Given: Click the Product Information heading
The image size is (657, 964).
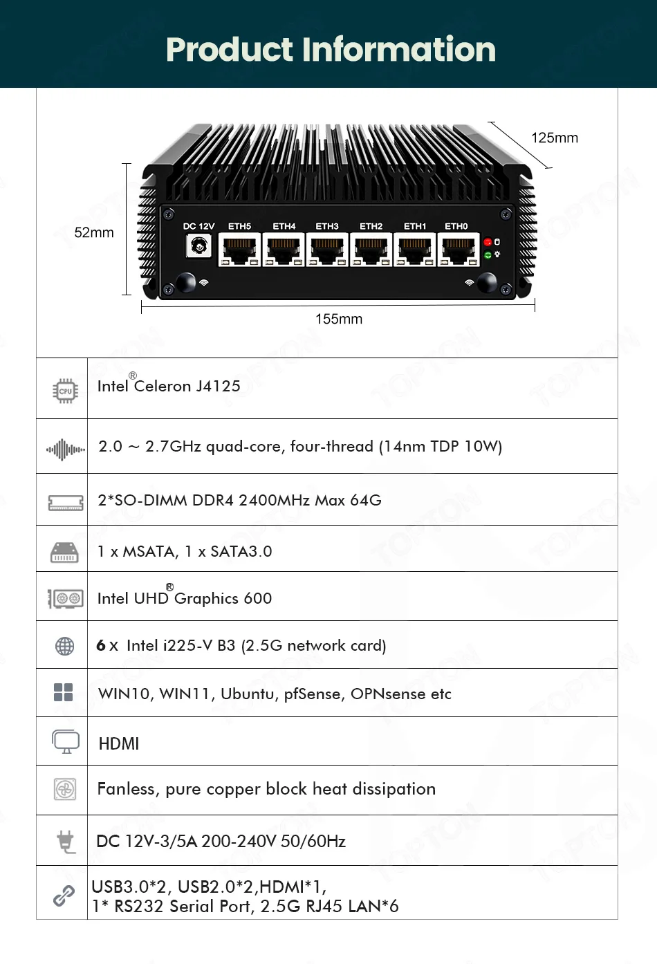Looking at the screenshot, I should pyautogui.click(x=331, y=49).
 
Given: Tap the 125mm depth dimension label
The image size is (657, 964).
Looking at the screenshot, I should pyautogui.click(x=554, y=138).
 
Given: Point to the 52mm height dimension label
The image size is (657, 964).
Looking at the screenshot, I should pyautogui.click(x=94, y=232).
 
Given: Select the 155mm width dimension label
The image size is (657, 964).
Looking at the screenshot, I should pyautogui.click(x=339, y=319).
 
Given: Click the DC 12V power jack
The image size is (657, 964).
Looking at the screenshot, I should pyautogui.click(x=199, y=245).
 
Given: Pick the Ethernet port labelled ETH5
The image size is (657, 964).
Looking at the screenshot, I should pyautogui.click(x=240, y=250).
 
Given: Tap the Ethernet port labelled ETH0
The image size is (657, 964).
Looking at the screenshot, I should pyautogui.click(x=459, y=250).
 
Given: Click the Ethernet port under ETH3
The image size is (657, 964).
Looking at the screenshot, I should pyautogui.click(x=327, y=250).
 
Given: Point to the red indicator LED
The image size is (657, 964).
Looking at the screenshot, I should pyautogui.click(x=488, y=242).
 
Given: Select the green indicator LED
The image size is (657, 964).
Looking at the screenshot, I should pyautogui.click(x=488, y=255).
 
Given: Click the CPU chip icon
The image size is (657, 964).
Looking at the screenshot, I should pyautogui.click(x=65, y=391).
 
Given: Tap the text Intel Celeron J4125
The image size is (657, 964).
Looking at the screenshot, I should pyautogui.click(x=169, y=386).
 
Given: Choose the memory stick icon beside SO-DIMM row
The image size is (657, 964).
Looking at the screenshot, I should pyautogui.click(x=66, y=502).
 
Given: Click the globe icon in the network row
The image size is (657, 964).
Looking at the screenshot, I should pyautogui.click(x=64, y=646).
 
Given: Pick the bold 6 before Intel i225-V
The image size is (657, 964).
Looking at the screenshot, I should pyautogui.click(x=101, y=645).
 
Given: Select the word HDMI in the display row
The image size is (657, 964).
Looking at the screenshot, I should pyautogui.click(x=119, y=743).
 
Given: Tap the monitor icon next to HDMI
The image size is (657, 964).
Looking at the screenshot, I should pyautogui.click(x=66, y=741).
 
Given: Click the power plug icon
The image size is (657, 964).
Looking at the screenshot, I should pyautogui.click(x=66, y=841).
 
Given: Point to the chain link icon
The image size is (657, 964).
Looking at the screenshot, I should pyautogui.click(x=64, y=896).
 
